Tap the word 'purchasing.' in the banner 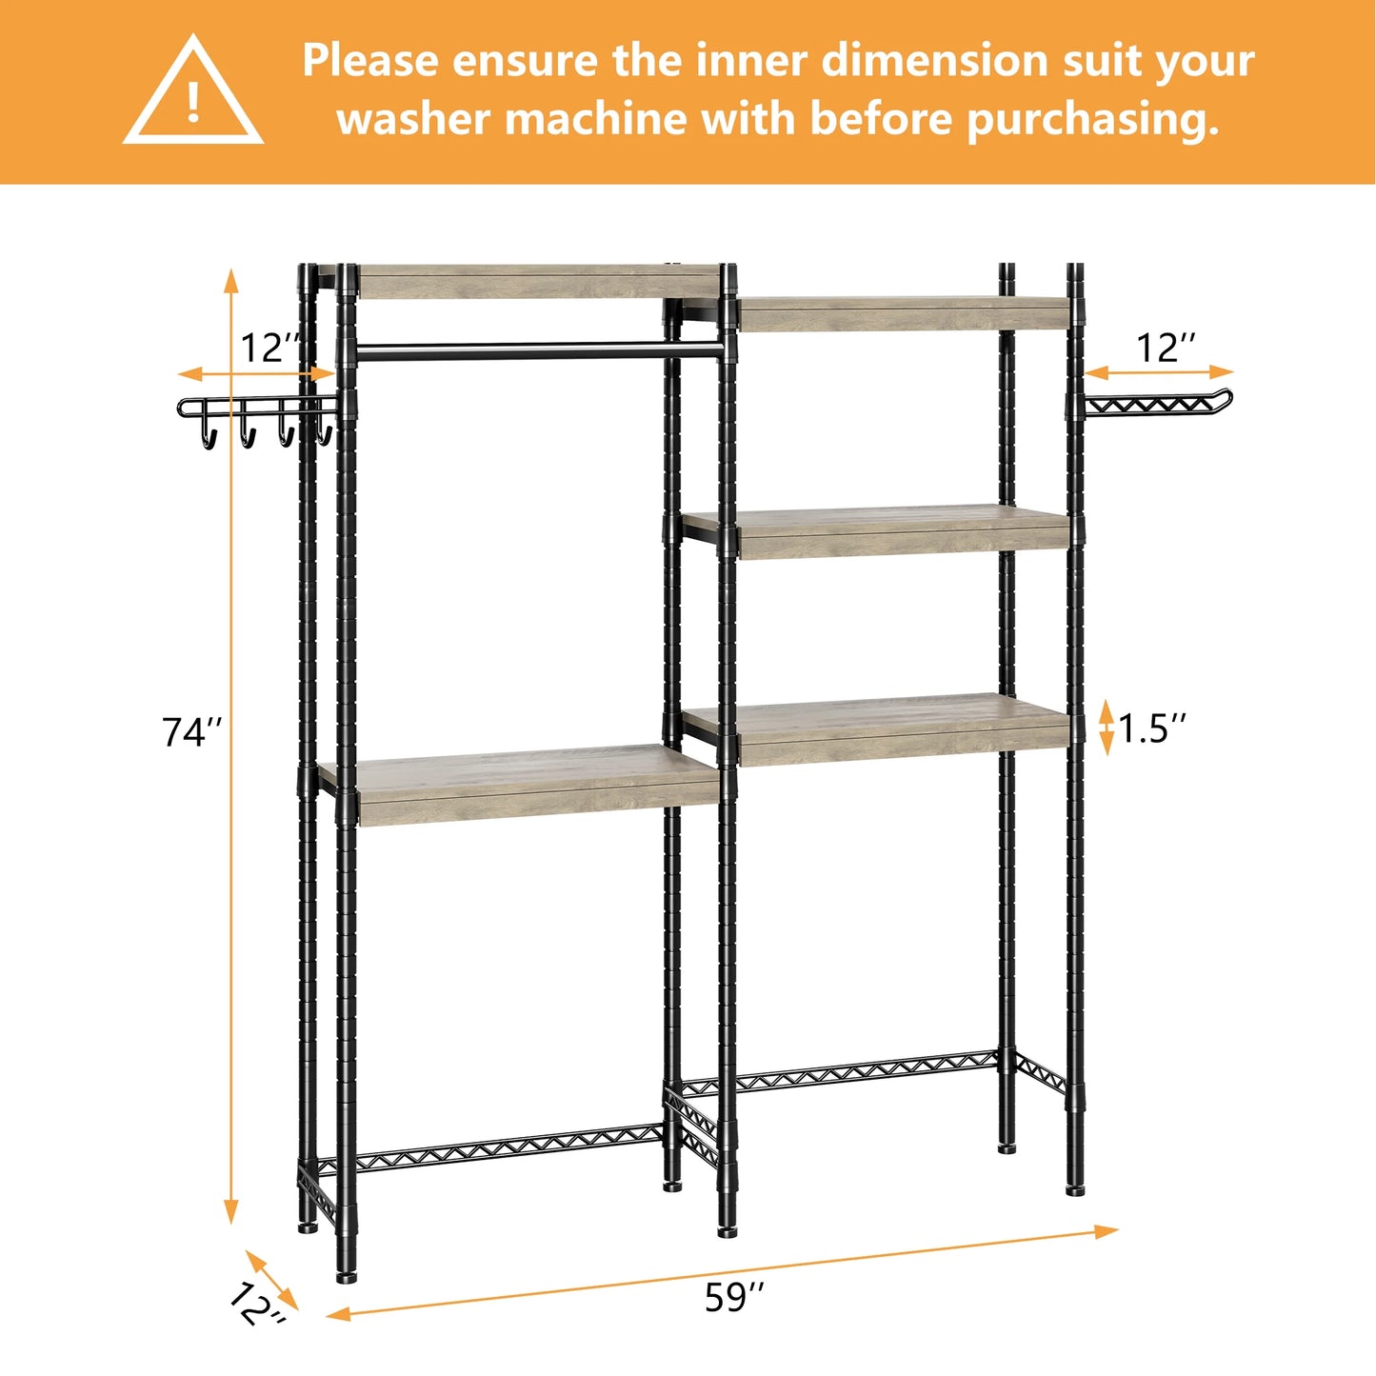coord(1092,121)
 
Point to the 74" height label coord(191,732)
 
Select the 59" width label coord(734,1297)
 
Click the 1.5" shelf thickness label coord(1153,728)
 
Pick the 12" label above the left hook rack coord(269,348)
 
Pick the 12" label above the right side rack coord(1167,348)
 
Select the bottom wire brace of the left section coord(505,1149)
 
